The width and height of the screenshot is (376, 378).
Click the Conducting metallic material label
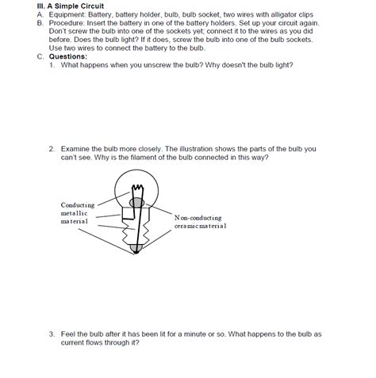click(x=76, y=213)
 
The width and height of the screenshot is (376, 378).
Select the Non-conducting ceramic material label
click(x=200, y=221)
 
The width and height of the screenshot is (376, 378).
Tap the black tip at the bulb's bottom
click(x=136, y=249)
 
